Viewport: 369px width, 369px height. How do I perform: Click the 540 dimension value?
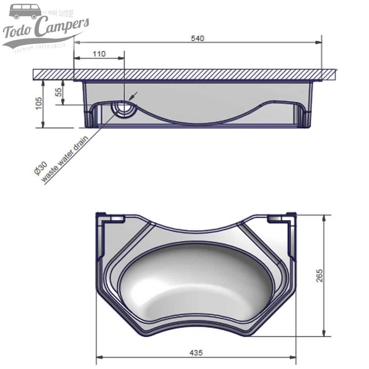point(197,38)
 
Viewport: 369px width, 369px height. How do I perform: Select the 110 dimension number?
point(99,54)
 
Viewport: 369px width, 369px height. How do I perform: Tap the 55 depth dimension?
point(58,92)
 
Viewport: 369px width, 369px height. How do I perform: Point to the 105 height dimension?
point(39,104)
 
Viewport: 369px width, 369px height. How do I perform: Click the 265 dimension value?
point(320,275)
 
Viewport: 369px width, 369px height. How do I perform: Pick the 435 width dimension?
point(196,353)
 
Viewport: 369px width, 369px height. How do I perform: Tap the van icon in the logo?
point(25,11)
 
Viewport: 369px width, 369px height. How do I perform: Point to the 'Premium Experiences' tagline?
point(40,47)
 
